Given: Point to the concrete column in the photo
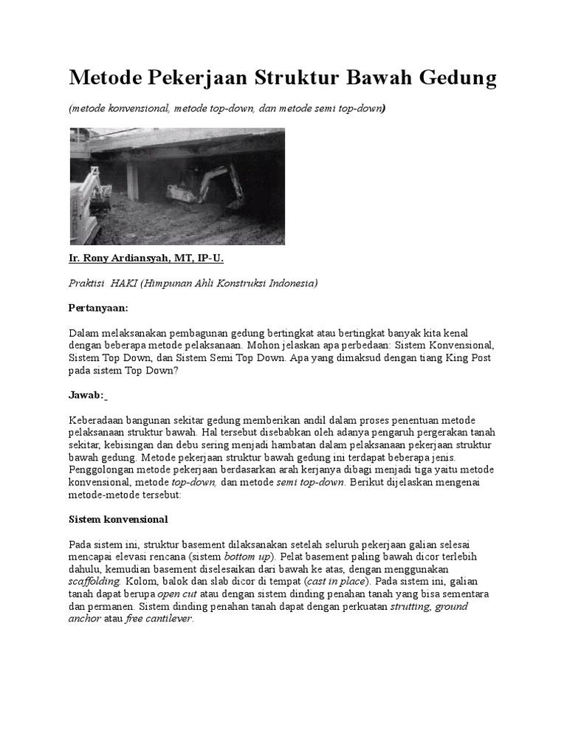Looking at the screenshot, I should [132, 181].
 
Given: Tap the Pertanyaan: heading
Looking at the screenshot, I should [98, 307].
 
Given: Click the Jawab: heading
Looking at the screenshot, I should [86, 395].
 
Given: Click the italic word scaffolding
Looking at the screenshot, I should [96, 582].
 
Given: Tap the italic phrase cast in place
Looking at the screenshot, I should [336, 582].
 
